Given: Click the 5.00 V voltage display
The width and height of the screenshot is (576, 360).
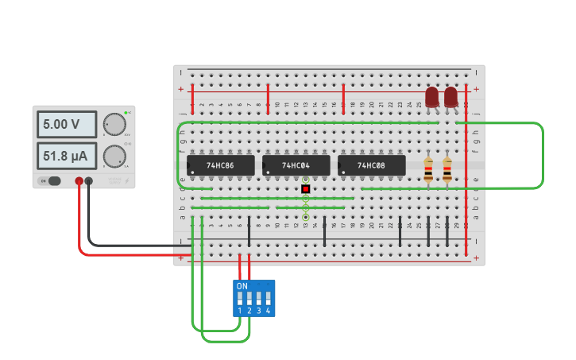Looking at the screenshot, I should point(67,125).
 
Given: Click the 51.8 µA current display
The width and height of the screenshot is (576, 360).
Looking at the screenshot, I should point(67,155).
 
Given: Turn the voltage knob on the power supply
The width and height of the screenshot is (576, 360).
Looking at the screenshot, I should point(114,124).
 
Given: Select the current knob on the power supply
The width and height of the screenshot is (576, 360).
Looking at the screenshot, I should point(114,155).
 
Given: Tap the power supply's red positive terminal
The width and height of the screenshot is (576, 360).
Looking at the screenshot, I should point(79,181).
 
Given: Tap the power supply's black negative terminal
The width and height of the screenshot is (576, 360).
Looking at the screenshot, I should point(89,181).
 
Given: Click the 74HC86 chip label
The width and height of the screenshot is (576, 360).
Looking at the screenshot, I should point(220,165).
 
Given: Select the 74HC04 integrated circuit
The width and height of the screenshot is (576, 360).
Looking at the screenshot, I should point(296,165).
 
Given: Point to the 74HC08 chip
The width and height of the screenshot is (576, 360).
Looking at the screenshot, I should point(371,165).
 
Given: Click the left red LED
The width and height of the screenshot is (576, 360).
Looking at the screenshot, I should point(431,97).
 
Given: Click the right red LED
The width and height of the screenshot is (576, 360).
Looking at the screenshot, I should point(450,97).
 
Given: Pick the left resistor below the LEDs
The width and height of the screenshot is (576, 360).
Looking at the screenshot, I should point(429,169).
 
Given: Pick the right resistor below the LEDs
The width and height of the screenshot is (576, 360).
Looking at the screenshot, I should point(447,169).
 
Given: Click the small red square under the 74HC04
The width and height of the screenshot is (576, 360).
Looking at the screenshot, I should point(305,189).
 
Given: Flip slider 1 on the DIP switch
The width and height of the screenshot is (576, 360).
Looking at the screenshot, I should point(240,299).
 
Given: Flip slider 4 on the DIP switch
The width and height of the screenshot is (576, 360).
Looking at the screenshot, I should point(268,299).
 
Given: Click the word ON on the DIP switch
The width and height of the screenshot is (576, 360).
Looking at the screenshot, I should point(242,286).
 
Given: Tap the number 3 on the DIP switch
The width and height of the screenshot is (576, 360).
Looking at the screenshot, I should point(258,311).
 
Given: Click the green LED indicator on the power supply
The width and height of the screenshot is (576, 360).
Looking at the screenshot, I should point(126,113).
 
